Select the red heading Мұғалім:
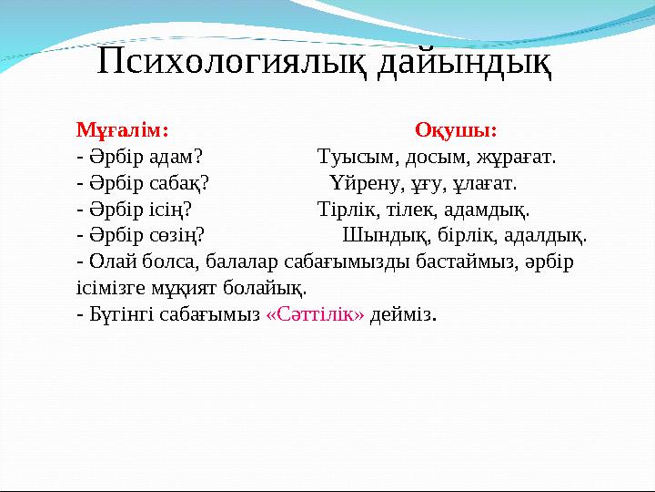click(x=122, y=129)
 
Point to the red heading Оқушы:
click(x=455, y=129)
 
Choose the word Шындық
click(x=376, y=235)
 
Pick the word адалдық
click(x=545, y=235)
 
